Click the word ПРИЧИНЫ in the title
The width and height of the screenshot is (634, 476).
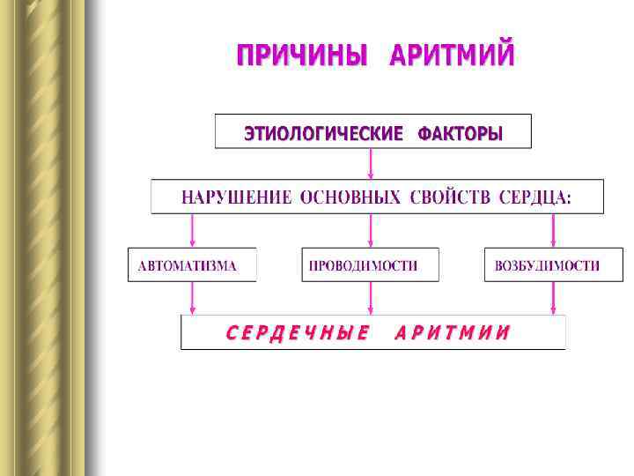(302, 56)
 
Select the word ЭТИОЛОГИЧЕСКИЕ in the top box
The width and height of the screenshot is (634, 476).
(323, 134)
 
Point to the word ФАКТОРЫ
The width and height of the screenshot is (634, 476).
(461, 134)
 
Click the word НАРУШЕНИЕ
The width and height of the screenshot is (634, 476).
(236, 197)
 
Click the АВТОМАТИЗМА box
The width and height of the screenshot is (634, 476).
(192, 265)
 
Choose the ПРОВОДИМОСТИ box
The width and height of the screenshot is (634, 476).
(370, 265)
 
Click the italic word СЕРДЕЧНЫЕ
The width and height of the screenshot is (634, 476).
(298, 333)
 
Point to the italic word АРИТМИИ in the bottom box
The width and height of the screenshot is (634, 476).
(453, 333)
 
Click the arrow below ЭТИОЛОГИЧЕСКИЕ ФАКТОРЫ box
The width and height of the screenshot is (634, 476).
(371, 163)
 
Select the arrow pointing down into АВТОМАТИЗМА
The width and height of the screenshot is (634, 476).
(193, 230)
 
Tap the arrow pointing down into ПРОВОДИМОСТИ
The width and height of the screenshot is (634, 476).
(371, 230)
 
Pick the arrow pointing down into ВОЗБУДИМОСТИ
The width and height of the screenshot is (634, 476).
(553, 230)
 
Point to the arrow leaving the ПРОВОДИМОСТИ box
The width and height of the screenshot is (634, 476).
(371, 298)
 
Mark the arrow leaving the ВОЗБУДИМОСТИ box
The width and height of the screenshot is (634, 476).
(553, 298)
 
